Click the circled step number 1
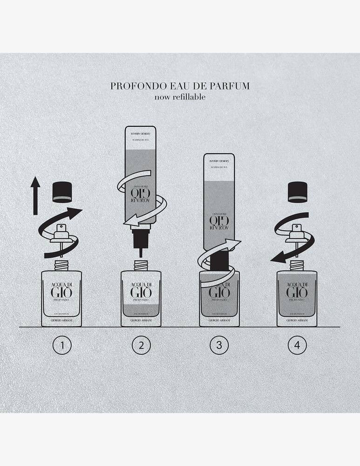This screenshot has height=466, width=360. click(x=62, y=345)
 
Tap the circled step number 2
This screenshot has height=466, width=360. click(x=141, y=345)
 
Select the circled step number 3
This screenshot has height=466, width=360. click(x=219, y=345)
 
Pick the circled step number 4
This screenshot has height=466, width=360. click(x=297, y=345)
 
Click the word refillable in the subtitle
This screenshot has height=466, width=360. click(x=190, y=97)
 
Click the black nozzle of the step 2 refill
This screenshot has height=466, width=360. click(x=141, y=240)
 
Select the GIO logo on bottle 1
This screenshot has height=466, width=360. click(x=62, y=293)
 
